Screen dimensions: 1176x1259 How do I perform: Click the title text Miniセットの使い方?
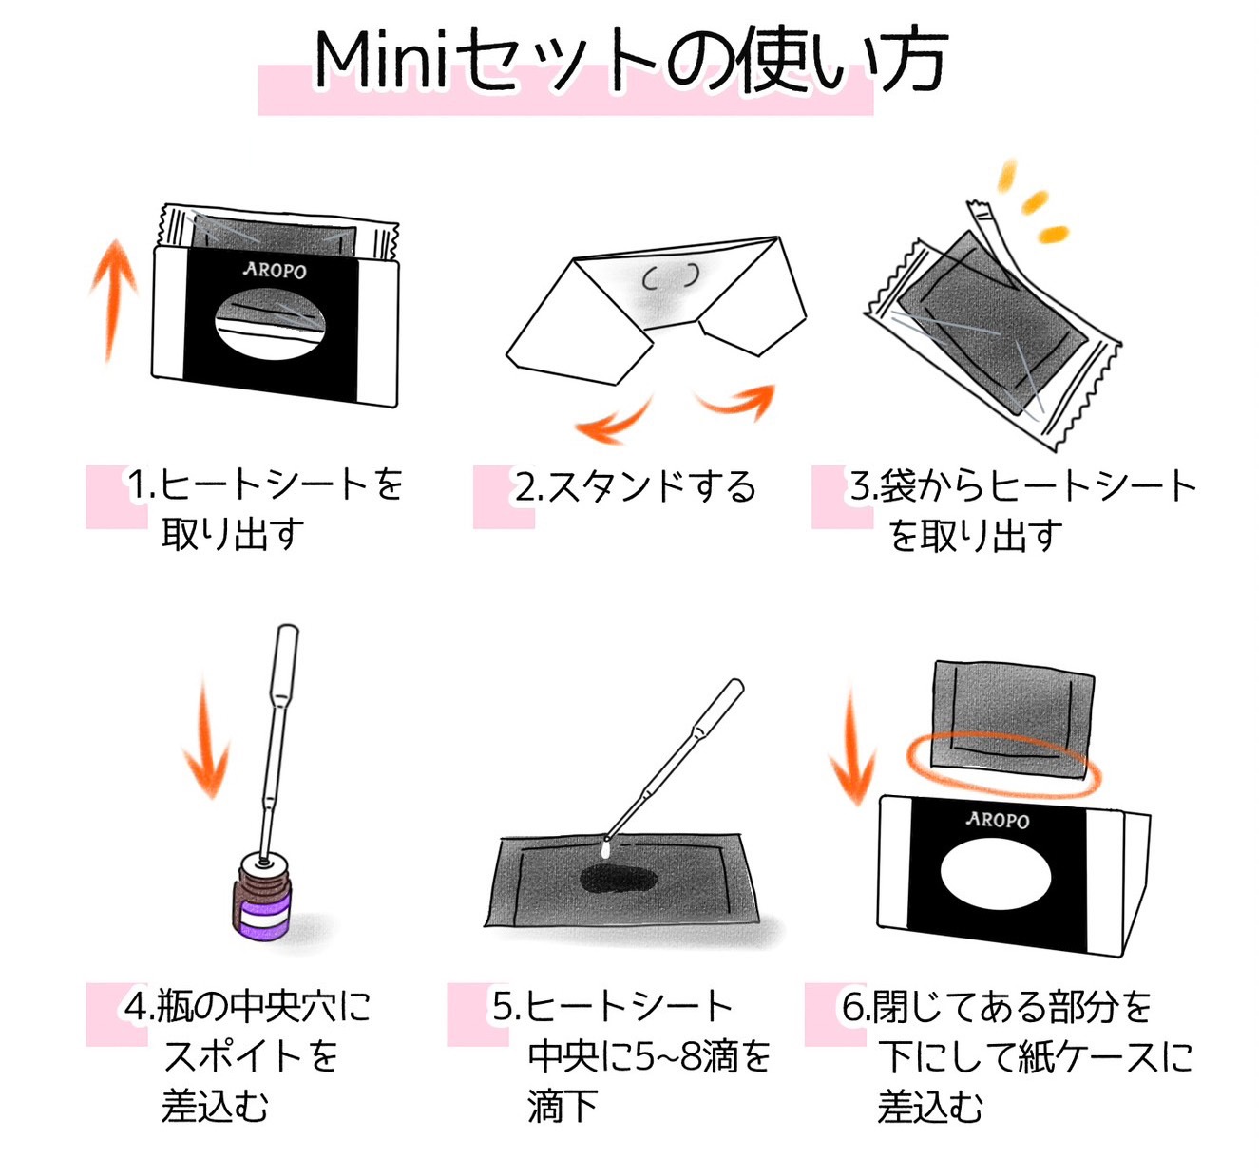click(x=629, y=61)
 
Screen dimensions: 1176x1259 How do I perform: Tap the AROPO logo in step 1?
click(x=275, y=271)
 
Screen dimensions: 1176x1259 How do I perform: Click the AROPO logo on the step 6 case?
click(x=997, y=819)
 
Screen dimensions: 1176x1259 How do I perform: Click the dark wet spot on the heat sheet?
click(x=618, y=880)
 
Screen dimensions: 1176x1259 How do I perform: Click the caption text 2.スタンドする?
click(x=635, y=487)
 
